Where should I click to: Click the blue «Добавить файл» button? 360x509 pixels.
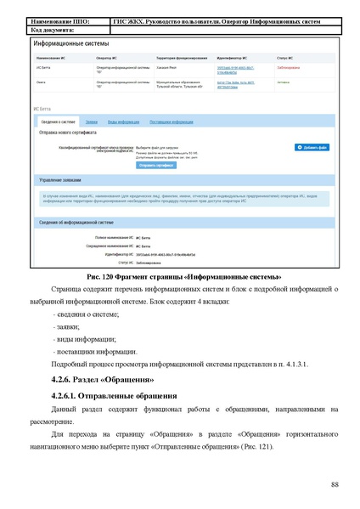pos(310,148)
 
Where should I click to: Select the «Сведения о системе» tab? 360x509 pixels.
pos(54,122)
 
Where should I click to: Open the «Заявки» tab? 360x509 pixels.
pos(91,122)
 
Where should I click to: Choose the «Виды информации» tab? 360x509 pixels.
pos(124,122)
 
